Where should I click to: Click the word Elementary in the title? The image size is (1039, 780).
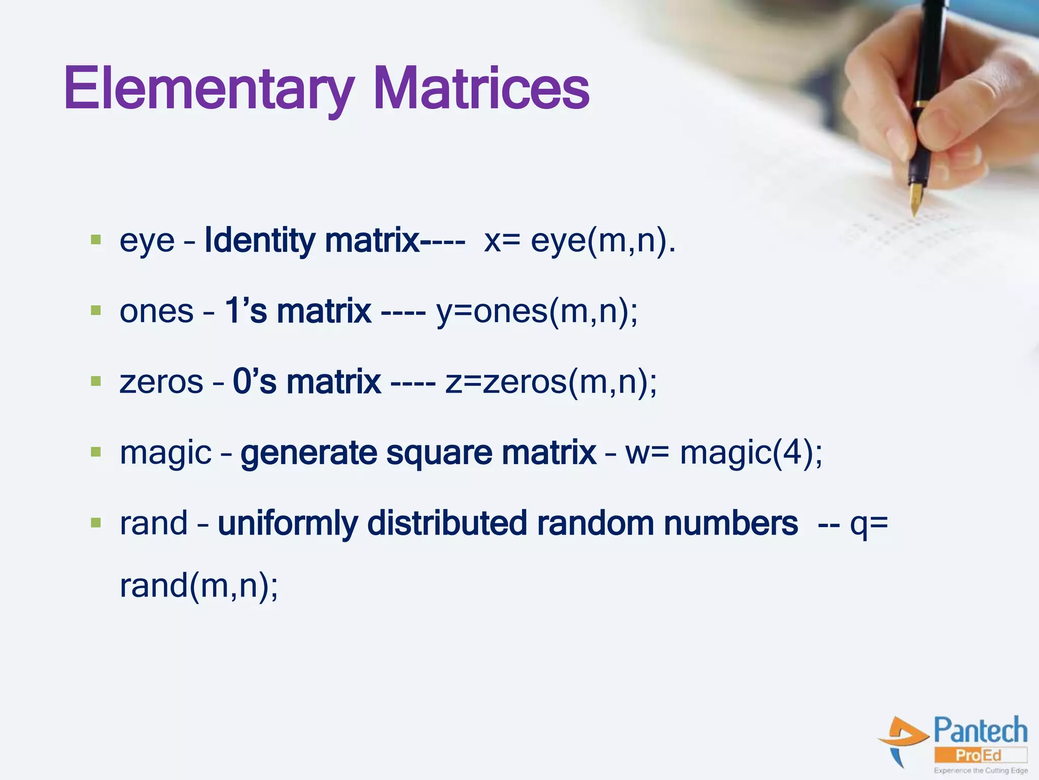tap(208, 89)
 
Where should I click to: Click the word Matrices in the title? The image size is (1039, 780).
tap(481, 89)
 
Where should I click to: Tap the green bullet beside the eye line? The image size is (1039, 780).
tap(95, 239)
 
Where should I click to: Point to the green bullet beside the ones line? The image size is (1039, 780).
tap(95, 310)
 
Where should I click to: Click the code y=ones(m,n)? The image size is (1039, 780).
tap(537, 311)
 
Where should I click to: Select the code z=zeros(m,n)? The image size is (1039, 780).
tap(551, 382)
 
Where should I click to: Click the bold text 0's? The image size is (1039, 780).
tap(254, 381)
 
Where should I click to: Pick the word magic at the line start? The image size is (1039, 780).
tap(165, 453)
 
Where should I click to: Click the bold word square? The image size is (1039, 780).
tap(439, 453)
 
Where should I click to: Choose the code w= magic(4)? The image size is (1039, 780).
tap(723, 452)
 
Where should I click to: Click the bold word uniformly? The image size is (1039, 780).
tap(287, 524)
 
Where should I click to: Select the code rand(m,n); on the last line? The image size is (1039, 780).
tap(199, 586)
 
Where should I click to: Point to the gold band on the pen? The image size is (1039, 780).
tap(921, 104)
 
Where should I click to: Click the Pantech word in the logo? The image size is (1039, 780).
tap(980, 731)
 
